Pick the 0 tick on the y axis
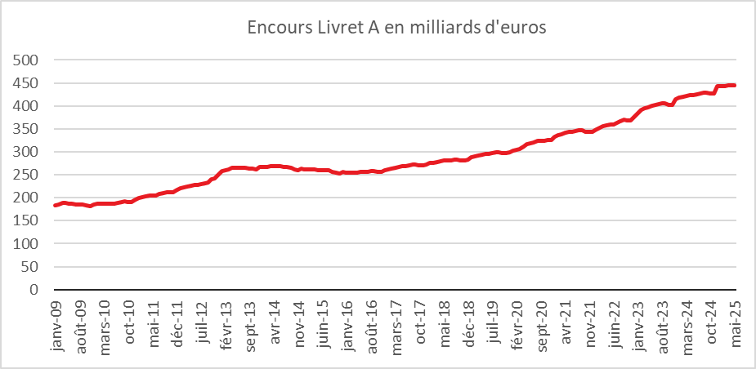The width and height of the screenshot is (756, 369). pyautogui.click(x=34, y=289)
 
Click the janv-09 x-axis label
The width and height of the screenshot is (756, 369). pyautogui.click(x=56, y=322)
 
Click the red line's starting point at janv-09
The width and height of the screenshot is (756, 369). pyautogui.click(x=55, y=205)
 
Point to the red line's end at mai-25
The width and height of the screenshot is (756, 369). pyautogui.click(x=736, y=85)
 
